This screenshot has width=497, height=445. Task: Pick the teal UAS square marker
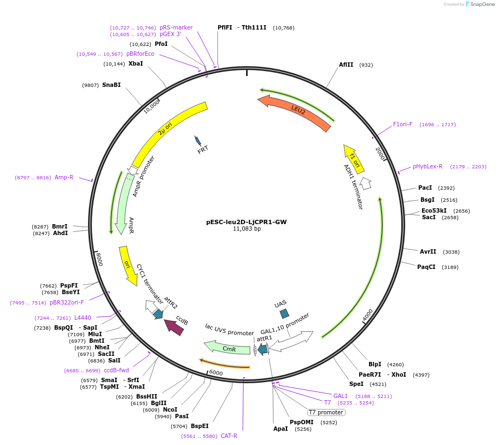284,313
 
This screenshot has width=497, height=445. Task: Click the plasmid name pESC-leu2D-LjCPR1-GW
246,222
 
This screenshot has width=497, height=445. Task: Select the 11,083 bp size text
247,229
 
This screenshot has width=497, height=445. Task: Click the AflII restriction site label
346,65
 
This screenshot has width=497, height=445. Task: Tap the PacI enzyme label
425,188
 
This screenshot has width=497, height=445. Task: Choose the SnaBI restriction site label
111,85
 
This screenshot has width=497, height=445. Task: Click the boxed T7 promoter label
326,412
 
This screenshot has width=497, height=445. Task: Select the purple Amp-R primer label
64,177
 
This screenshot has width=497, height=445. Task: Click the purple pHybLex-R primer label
428,166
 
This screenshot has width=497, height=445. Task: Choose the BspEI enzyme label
200,426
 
